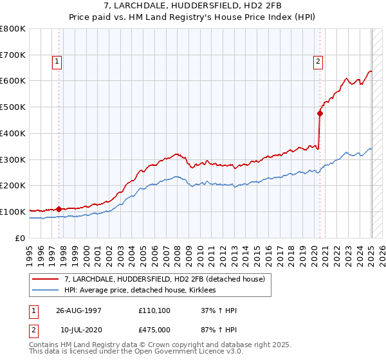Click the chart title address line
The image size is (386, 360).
click(192, 6)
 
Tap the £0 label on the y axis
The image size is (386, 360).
click(21, 238)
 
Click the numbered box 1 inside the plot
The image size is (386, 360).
click(57, 62)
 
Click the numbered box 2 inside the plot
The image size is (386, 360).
click(318, 62)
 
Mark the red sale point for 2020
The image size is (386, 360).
click(320, 113)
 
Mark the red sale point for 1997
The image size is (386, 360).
click(59, 209)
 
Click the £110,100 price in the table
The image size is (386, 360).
click(153, 310)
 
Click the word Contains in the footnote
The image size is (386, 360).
click(45, 345)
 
